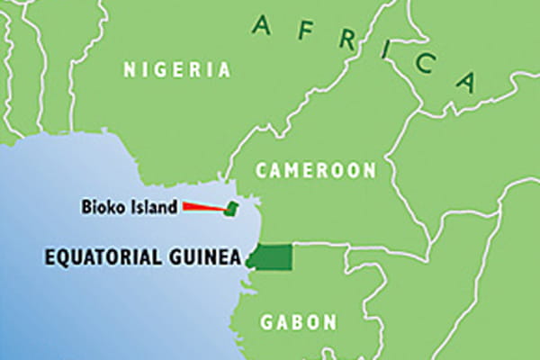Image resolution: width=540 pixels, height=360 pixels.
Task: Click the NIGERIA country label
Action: pos(177,69)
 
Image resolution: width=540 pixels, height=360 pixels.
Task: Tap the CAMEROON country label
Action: pos(315,169)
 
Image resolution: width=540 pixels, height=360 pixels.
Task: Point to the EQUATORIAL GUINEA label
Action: pos(142,258)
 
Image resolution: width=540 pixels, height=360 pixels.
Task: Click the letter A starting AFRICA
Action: pos(261,25)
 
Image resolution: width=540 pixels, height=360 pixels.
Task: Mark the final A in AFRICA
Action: pos(465,82)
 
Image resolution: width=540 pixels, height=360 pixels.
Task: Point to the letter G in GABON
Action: pos(267,321)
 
